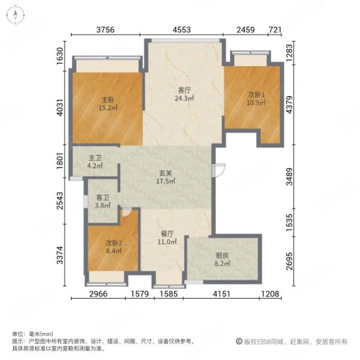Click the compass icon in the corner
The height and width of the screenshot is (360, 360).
pos(16,15)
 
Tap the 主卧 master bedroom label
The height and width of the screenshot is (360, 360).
pos(107,100)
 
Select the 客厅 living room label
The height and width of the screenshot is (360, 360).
pos(184,90)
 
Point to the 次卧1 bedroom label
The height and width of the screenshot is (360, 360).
pos(256,94)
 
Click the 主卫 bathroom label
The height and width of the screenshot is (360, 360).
pos(95,158)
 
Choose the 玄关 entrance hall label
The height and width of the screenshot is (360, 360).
pos(166,173)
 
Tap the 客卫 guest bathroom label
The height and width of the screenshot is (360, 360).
pos(103,197)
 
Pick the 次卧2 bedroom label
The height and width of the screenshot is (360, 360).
pos(114,243)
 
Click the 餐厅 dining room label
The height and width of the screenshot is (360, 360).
pos(167,234)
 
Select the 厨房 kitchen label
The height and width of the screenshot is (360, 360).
pos(222,256)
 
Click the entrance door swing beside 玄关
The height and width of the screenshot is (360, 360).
pos(218,170)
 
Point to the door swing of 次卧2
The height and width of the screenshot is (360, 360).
pos(127,212)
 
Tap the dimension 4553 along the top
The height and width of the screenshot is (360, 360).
pos(182,30)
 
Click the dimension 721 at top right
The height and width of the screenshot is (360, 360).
pos(275,30)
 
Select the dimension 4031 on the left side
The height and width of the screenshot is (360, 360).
pos(60,107)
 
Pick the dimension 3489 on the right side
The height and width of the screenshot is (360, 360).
pos(290,176)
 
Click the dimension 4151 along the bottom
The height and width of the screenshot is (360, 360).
pos(221,293)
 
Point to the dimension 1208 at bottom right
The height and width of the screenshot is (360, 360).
pos(270,293)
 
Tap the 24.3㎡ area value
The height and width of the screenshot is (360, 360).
pos(184,98)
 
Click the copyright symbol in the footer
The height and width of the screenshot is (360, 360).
pos(239,341)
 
